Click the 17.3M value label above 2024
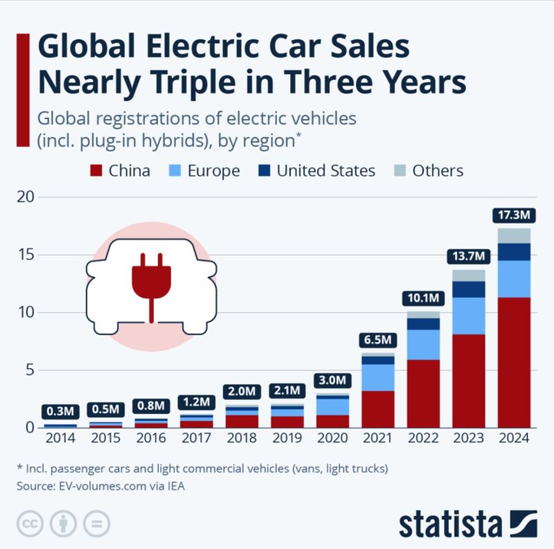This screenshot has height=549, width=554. click(x=513, y=216)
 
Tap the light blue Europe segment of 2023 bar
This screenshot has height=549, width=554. click(x=468, y=316)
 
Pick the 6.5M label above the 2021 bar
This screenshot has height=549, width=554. click(x=378, y=339)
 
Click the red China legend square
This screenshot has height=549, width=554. click(x=96, y=171)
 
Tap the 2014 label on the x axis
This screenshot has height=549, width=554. click(x=60, y=438)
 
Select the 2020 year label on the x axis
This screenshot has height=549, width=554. click(x=332, y=438)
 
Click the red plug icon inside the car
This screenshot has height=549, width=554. click(x=151, y=281)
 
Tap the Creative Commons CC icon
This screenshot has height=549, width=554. click(x=29, y=523)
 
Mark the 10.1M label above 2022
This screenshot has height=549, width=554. click(x=424, y=298)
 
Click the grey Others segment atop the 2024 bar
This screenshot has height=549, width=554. click(x=513, y=235)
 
